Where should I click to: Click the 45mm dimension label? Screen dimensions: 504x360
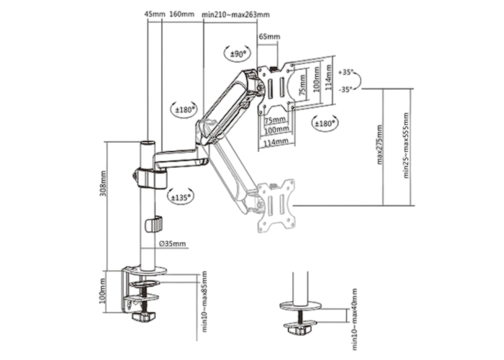(x=155, y=14)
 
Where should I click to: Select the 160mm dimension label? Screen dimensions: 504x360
(x=181, y=14)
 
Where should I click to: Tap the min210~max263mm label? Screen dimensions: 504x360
(x=235, y=14)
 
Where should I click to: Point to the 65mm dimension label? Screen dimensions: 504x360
(x=269, y=37)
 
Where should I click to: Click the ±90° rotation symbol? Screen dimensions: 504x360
(x=238, y=54)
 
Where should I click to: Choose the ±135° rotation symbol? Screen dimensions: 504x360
(x=181, y=197)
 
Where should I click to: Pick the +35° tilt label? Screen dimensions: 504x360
(x=346, y=72)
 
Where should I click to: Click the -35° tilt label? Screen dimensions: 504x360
(x=346, y=89)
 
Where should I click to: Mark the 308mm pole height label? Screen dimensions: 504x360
(x=104, y=183)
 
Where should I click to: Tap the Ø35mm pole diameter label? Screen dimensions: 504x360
(x=173, y=243)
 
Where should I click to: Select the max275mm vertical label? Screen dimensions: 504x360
(x=380, y=145)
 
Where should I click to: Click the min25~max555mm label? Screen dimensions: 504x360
(x=406, y=145)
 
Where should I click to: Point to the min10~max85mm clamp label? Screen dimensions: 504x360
(x=204, y=302)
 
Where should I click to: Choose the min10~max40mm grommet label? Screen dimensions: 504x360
(x=354, y=319)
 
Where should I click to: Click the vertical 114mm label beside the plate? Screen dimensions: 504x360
(x=328, y=78)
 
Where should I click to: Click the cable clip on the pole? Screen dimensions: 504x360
(x=154, y=225)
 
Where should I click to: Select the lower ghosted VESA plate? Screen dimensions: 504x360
(x=276, y=206)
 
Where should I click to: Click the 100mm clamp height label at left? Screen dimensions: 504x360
(x=103, y=292)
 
